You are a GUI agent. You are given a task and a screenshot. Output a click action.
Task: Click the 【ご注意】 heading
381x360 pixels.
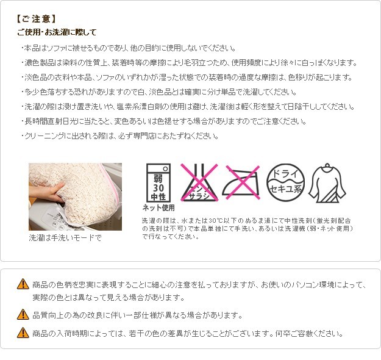pyautogui.click(x=37, y=19)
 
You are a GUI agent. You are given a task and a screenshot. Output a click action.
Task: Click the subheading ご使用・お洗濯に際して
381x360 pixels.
pyautogui.click(x=57, y=32)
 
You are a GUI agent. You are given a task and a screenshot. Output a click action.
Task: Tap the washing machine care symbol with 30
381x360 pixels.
pyautogui.click(x=158, y=182)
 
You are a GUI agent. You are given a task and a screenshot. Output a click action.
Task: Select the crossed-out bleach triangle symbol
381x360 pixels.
pyautogui.click(x=199, y=182)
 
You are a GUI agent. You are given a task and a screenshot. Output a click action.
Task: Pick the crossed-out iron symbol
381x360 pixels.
pyautogui.click(x=241, y=182)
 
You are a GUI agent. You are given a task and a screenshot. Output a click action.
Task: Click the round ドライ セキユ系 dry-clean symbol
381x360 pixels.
pyautogui.click(x=285, y=182)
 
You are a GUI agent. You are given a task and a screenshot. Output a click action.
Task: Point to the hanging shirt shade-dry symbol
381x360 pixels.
pyautogui.click(x=327, y=183)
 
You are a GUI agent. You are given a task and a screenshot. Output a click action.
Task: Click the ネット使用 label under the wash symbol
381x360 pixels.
pyautogui.click(x=158, y=207)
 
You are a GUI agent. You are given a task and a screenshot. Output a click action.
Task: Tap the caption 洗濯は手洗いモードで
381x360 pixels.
pyautogui.click(x=65, y=237)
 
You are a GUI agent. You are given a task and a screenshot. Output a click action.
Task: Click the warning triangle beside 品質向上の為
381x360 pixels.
pyautogui.click(x=23, y=314)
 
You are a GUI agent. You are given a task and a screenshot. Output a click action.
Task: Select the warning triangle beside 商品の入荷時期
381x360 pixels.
pyautogui.click(x=23, y=333)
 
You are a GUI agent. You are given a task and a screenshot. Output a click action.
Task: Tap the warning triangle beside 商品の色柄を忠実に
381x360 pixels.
pyautogui.click(x=23, y=284)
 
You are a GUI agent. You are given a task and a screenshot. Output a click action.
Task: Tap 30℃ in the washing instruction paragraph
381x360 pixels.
pyautogui.click(x=216, y=221)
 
